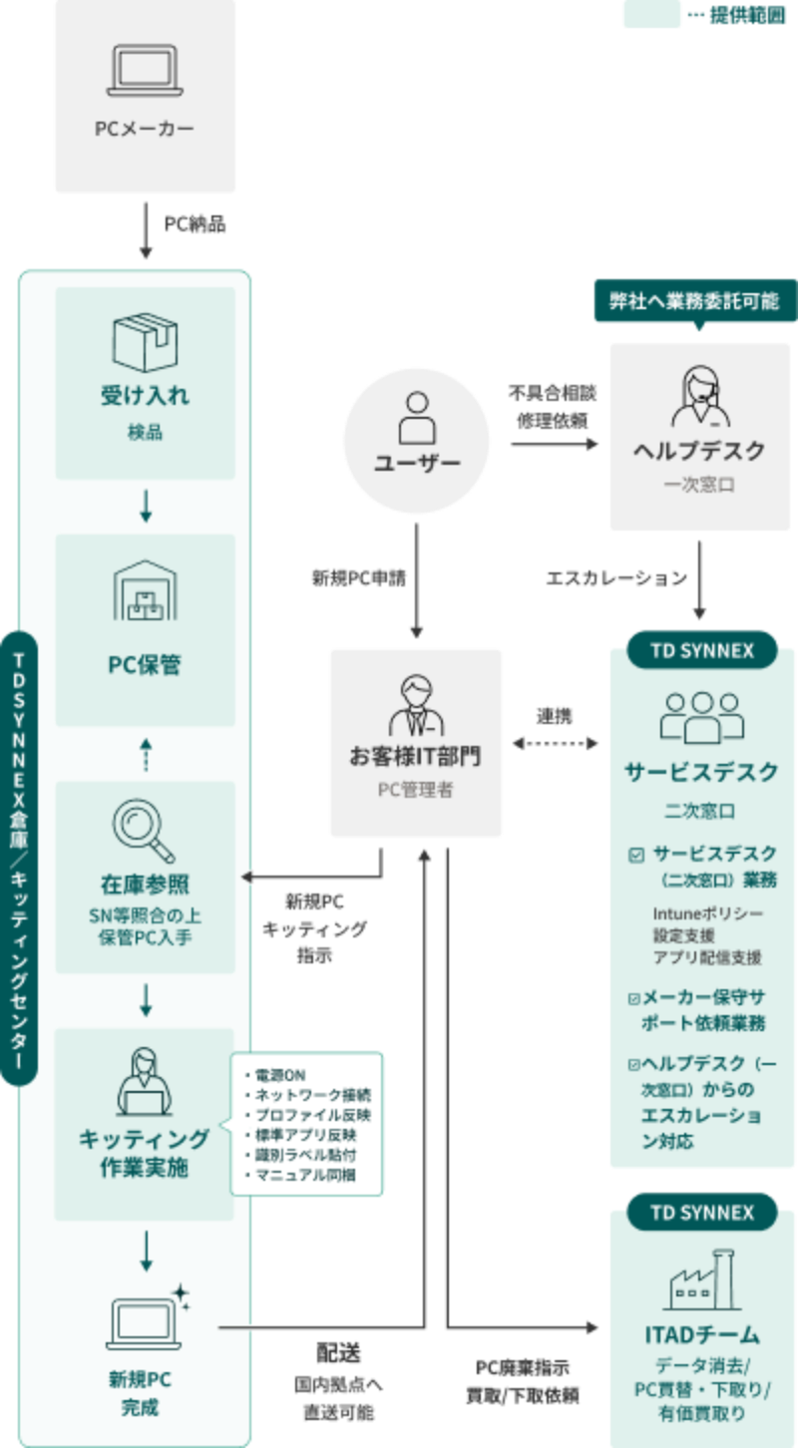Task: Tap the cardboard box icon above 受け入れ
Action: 146,340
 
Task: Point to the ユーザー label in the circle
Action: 416,464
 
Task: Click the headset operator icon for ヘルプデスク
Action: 700,394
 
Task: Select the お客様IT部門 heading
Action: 415,757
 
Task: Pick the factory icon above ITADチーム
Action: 702,1278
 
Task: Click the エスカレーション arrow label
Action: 616,578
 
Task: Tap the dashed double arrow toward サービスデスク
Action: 556,743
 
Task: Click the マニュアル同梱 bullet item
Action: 299,1175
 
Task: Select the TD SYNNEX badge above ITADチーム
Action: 702,1213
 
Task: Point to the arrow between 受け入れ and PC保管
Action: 146,507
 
